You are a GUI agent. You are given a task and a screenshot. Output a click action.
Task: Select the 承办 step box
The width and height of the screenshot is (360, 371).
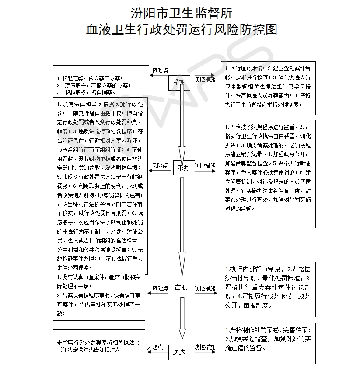183,168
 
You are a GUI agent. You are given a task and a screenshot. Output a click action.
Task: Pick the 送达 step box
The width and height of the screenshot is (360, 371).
179,351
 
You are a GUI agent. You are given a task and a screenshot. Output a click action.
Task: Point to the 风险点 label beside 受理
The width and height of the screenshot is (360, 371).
160,70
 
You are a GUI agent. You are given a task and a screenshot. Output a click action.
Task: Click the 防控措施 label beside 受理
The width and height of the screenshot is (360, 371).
205,79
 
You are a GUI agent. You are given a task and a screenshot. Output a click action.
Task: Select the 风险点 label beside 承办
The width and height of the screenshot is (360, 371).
160,166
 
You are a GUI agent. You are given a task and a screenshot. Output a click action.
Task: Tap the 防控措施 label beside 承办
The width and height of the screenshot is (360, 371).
205,166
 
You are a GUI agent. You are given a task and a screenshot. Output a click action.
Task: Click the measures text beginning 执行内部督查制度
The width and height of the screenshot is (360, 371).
267,287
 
